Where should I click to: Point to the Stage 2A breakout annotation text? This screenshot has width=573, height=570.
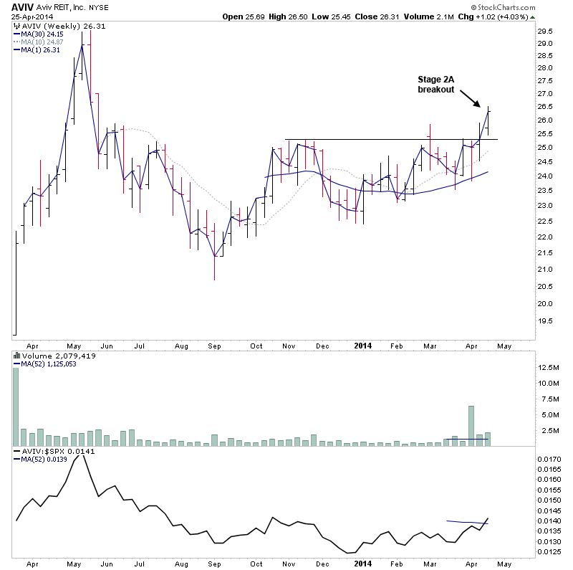[x=436, y=84]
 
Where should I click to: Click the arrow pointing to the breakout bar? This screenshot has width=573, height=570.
[x=470, y=98]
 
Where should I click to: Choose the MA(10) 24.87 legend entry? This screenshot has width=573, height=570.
[x=39, y=42]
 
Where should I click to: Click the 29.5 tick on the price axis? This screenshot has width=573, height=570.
[x=546, y=32]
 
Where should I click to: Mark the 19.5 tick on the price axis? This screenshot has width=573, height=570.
[x=546, y=322]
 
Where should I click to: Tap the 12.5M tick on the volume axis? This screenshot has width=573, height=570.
[x=548, y=367]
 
